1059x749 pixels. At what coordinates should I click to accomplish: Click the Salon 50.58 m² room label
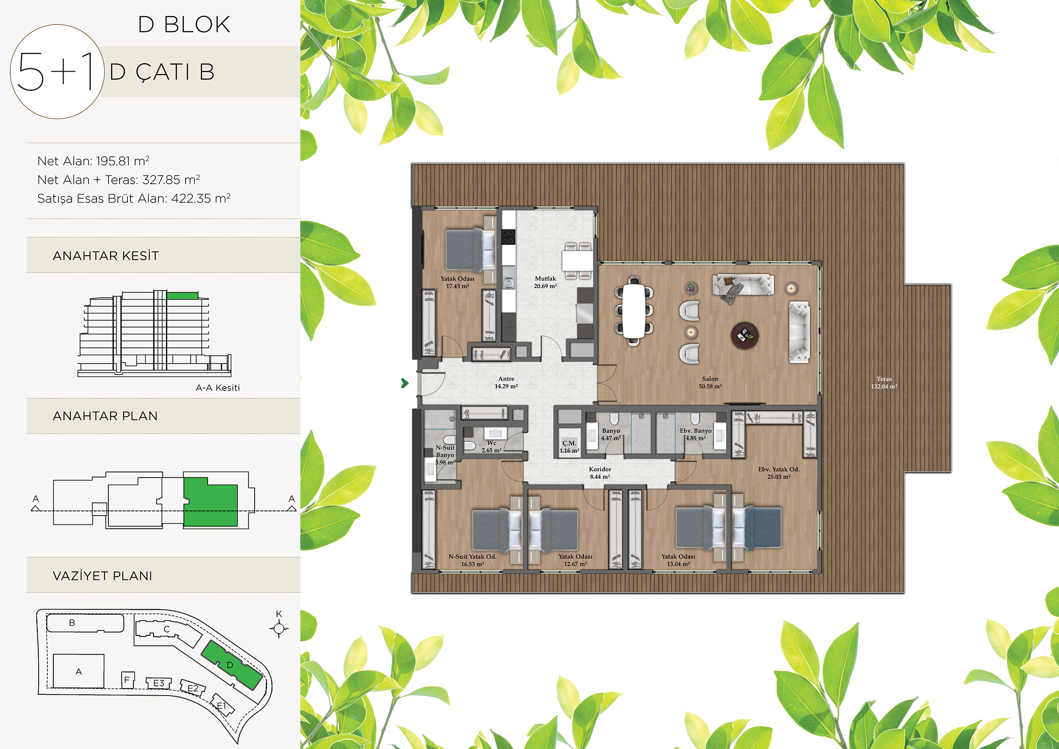click(x=710, y=383)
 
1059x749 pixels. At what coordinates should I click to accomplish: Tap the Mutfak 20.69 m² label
click(x=545, y=282)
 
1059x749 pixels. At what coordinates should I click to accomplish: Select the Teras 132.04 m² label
click(x=884, y=383)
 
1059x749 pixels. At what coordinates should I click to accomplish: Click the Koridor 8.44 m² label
click(x=600, y=473)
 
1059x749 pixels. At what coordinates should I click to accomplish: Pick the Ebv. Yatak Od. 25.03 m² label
click(x=779, y=473)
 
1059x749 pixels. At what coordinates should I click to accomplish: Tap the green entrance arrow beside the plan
click(x=405, y=383)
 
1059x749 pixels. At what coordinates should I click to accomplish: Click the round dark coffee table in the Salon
click(x=744, y=335)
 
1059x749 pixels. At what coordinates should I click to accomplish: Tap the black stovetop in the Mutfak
click(x=508, y=237)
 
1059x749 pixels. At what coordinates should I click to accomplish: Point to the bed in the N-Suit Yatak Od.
click(x=497, y=530)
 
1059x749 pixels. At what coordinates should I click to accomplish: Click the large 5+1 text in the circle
click(x=55, y=72)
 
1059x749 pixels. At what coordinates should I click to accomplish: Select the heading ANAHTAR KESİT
click(x=105, y=255)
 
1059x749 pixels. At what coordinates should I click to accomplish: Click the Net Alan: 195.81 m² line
click(x=93, y=161)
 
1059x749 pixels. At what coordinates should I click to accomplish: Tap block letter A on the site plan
click(x=78, y=671)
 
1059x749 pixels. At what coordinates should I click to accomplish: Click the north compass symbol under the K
click(x=279, y=628)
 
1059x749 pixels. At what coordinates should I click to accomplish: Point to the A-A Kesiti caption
click(x=218, y=388)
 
